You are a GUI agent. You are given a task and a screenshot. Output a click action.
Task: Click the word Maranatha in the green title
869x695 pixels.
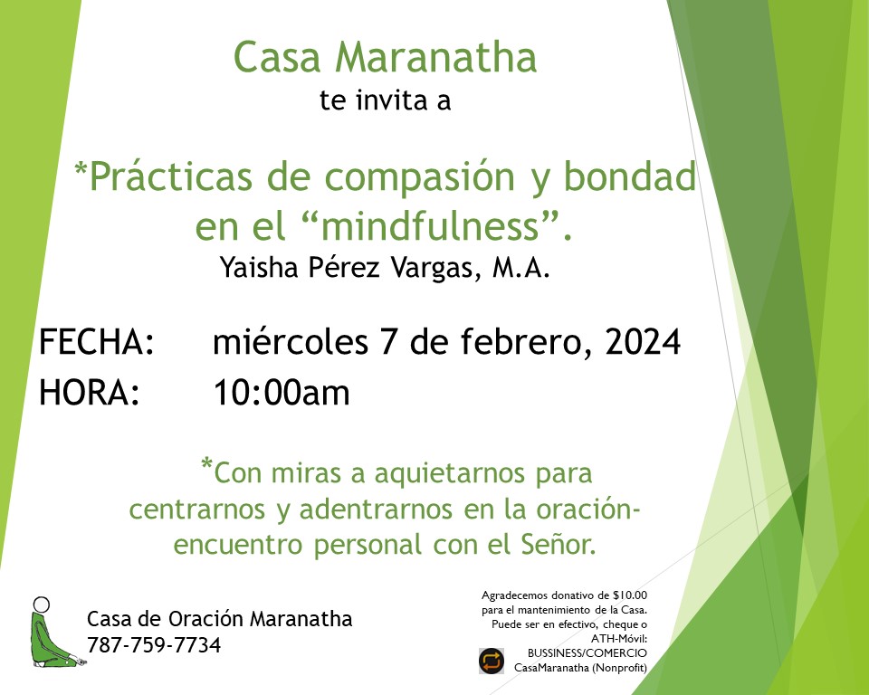[x=435, y=56]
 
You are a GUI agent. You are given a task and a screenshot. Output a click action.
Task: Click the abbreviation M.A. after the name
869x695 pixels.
[x=521, y=267]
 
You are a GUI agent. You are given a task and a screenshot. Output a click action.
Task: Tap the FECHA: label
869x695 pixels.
[x=97, y=341]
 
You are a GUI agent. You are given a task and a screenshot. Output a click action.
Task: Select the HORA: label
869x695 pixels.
[x=90, y=393]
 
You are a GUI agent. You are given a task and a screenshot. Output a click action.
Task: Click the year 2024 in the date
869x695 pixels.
[x=643, y=341]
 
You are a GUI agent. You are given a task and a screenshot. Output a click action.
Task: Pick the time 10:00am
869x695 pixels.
[x=282, y=393]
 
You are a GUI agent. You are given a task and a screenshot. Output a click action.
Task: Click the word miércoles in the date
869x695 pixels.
[x=291, y=341]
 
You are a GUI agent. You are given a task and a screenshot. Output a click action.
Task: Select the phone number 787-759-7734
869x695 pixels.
[x=154, y=645]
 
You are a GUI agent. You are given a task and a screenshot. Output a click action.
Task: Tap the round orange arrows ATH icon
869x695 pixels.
[x=491, y=661]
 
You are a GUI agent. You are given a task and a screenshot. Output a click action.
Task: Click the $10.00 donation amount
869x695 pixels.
[x=630, y=595]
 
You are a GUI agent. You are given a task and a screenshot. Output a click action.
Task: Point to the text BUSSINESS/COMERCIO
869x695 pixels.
[x=587, y=653]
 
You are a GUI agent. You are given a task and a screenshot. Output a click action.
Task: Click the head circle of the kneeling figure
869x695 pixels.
[x=41, y=605]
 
